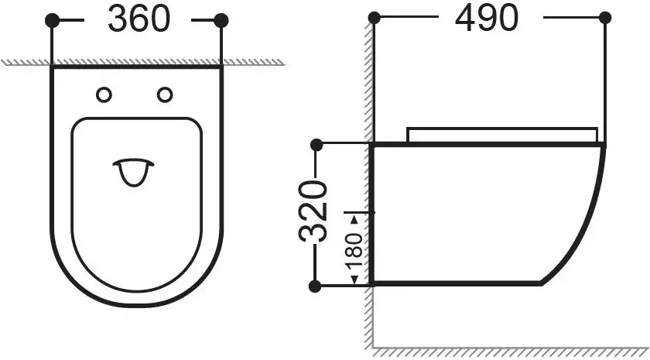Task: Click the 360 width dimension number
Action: click(x=139, y=19)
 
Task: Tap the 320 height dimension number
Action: click(x=314, y=213)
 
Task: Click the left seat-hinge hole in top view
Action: click(x=104, y=94)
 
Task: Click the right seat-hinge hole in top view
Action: click(x=165, y=94)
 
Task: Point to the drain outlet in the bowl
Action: click(x=135, y=173)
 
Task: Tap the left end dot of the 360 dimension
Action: click(x=52, y=20)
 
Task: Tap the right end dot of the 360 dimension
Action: click(x=221, y=20)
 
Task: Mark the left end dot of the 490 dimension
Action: click(x=374, y=18)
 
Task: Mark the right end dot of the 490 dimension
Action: click(x=603, y=18)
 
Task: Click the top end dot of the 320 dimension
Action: click(x=315, y=144)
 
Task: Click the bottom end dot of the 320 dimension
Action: click(x=315, y=286)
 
